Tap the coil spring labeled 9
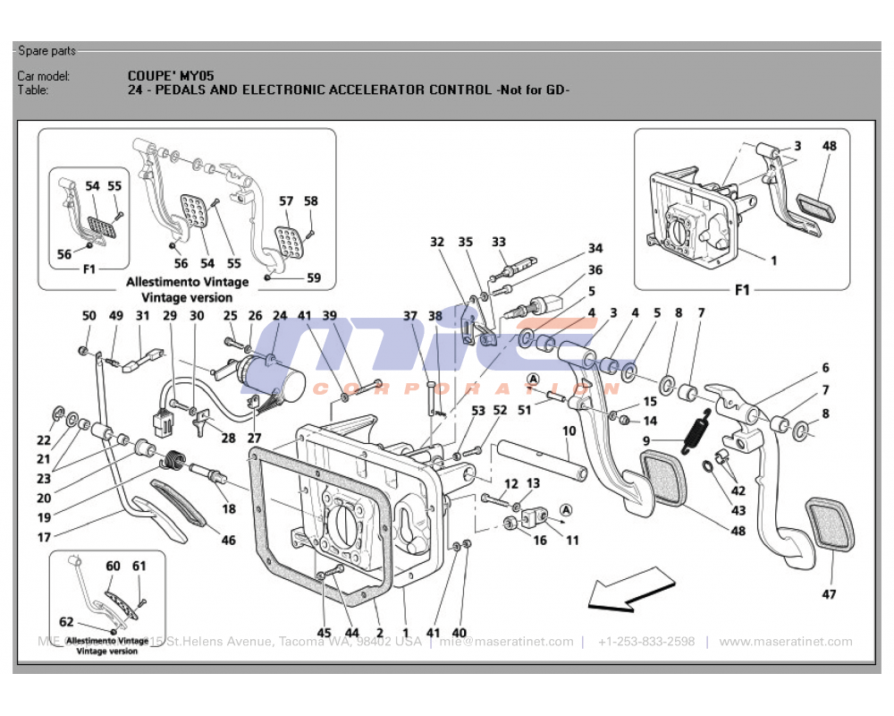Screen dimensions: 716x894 click(x=696, y=430)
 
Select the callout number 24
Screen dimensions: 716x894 click(x=280, y=316)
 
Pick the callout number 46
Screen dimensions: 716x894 click(x=229, y=541)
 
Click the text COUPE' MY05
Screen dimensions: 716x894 click(x=171, y=76)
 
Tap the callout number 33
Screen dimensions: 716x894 click(x=498, y=242)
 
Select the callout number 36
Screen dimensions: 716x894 click(x=595, y=269)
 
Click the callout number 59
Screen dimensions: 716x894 click(x=313, y=278)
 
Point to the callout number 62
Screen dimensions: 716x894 click(x=66, y=622)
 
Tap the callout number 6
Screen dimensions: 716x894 click(x=825, y=368)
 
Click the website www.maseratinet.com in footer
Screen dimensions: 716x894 click(x=785, y=642)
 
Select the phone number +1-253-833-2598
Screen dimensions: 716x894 click(x=646, y=642)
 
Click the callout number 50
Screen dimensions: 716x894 click(x=89, y=316)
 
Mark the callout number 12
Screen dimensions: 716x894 click(x=510, y=484)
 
